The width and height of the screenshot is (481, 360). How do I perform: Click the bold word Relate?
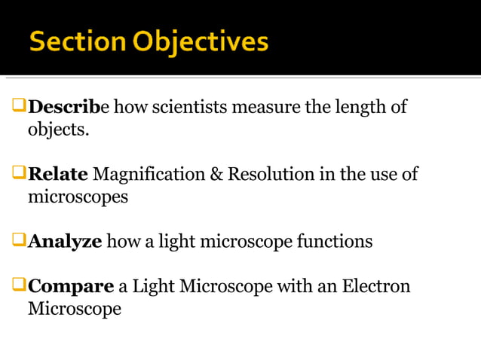coord(59,175)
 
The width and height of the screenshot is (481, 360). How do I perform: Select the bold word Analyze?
coord(65,242)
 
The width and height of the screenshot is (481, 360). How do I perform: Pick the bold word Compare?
coord(71,287)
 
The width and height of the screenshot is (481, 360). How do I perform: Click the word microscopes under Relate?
coord(78,197)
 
